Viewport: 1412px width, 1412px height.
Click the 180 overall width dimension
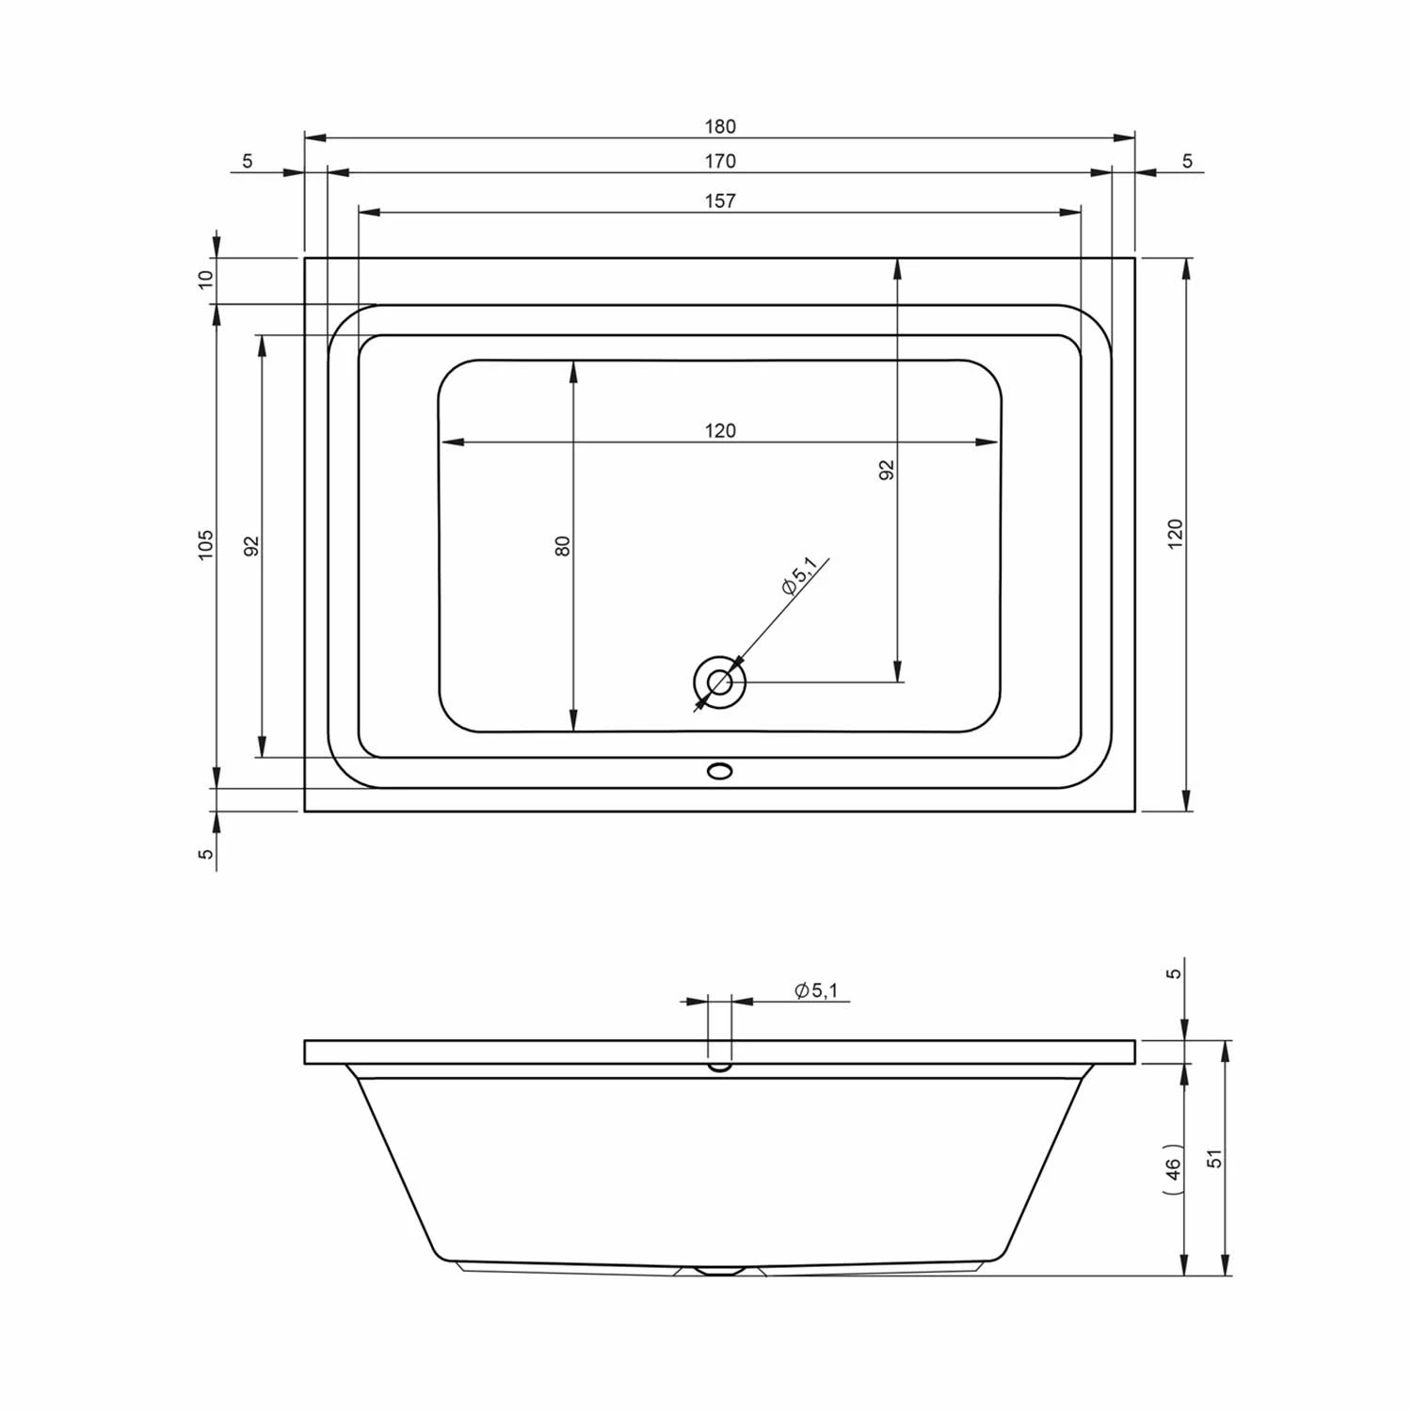[x=720, y=126]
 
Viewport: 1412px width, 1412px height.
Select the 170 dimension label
[x=720, y=161]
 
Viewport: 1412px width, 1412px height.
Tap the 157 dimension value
[x=720, y=201]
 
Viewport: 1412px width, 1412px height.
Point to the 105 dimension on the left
[x=206, y=546]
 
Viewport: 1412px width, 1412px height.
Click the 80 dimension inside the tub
[x=563, y=546]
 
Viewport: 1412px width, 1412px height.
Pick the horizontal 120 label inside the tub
[x=720, y=431]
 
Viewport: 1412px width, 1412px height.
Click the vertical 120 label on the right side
[x=1175, y=535]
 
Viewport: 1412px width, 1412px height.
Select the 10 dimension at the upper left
[x=206, y=280]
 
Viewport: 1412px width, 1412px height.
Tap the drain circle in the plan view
[x=720, y=682]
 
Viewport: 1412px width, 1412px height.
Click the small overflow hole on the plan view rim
[x=720, y=771]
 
